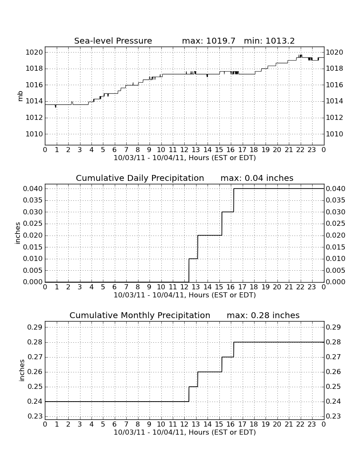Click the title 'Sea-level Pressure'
coord(113,41)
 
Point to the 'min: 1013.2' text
coord(269,41)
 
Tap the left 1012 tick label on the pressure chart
coord(34,118)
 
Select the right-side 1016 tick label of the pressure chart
coord(335,85)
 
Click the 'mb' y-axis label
coord(20,96)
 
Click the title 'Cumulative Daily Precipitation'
coord(140,178)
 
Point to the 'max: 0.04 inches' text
coord(257,178)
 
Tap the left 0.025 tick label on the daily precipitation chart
coord(33,224)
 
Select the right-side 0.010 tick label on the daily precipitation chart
coord(335,258)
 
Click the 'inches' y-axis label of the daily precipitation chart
coord(17,233)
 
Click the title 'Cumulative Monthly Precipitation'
coord(140,315)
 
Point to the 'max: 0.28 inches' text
coord(263,315)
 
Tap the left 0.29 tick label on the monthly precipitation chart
coord(35,327)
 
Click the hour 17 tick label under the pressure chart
coord(242,150)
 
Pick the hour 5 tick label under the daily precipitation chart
coord(103,287)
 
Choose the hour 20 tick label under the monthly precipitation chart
coord(277,424)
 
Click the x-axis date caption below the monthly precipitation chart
coord(185,433)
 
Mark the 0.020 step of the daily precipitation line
coord(210,236)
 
